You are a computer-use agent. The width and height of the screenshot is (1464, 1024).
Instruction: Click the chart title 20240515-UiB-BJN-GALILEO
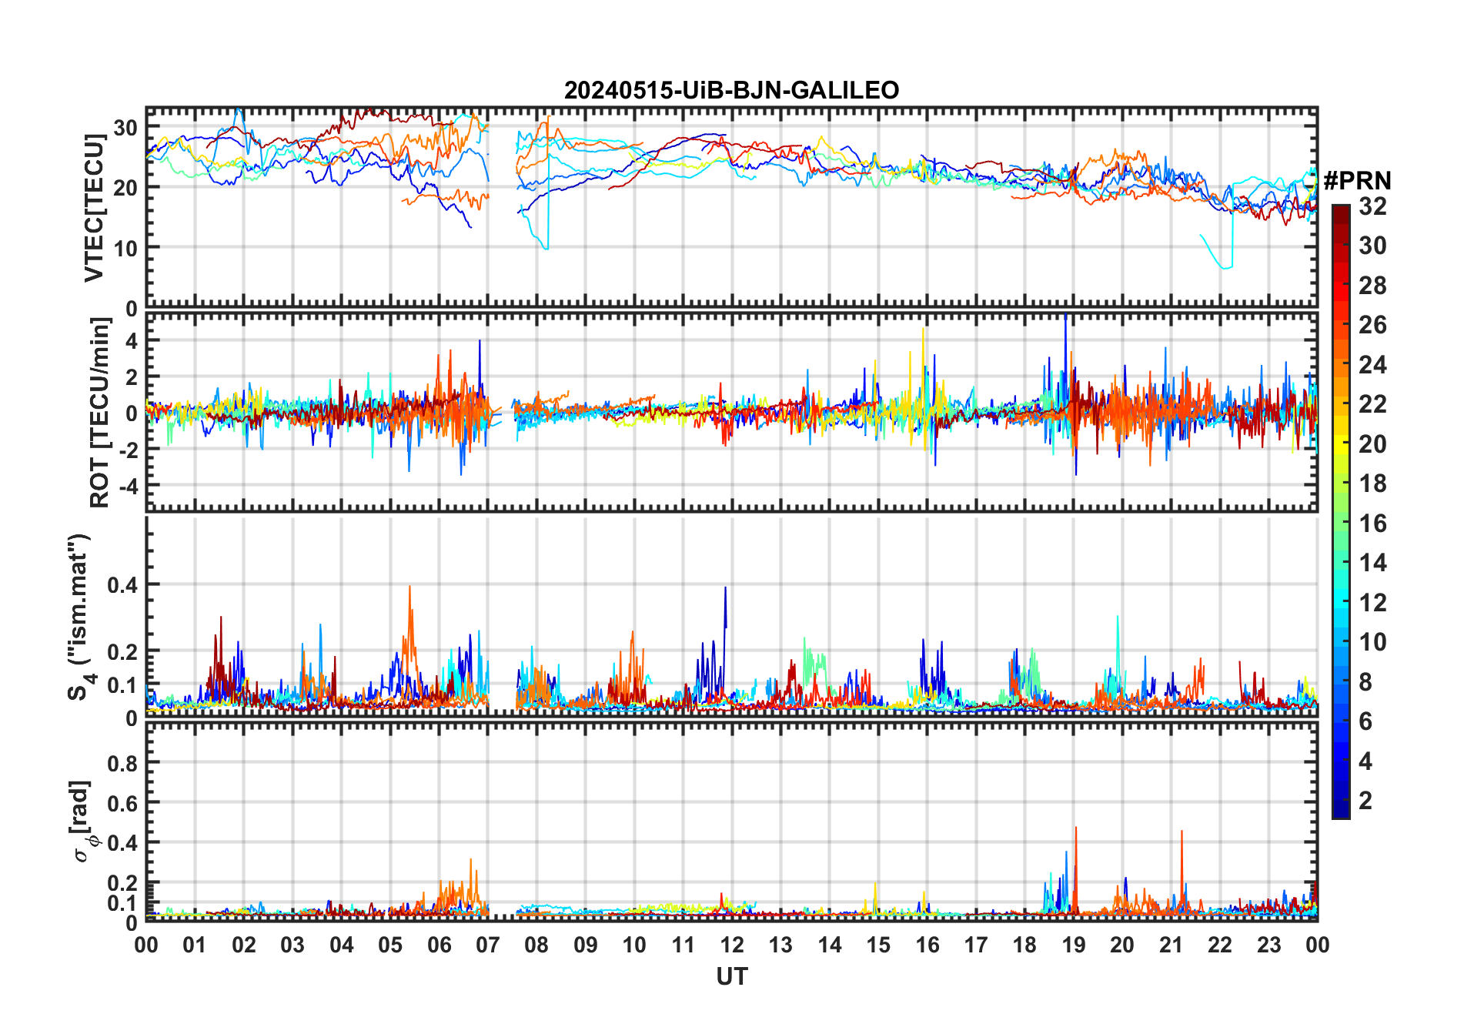tap(731, 91)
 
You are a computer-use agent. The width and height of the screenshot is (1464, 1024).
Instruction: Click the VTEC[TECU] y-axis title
tap(95, 208)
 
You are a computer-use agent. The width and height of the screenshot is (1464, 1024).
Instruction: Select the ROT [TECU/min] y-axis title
tap(99, 413)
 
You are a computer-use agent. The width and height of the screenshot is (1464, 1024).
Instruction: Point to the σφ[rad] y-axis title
tap(83, 822)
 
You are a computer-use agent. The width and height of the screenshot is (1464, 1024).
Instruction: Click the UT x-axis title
tap(731, 976)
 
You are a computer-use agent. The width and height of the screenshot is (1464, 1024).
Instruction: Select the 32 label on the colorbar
tap(1372, 206)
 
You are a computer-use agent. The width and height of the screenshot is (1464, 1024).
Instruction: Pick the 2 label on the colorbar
tap(1365, 801)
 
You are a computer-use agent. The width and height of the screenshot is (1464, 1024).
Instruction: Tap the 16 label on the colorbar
tap(1372, 524)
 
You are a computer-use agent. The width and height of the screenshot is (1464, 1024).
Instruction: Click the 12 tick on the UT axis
tap(732, 945)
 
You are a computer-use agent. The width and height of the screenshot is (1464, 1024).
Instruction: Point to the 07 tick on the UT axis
tap(488, 945)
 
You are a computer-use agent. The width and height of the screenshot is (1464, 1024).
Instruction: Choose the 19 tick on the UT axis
tap(1074, 945)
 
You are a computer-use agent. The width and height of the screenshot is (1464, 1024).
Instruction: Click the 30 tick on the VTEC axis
tap(125, 127)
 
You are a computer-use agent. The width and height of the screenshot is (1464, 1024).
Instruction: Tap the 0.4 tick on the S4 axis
tap(122, 585)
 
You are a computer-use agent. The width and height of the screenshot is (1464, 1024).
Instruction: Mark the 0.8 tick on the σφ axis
tap(122, 763)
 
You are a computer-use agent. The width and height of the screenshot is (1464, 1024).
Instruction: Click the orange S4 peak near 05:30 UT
tap(409, 588)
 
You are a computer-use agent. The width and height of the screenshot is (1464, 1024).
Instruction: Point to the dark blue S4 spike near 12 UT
tap(725, 589)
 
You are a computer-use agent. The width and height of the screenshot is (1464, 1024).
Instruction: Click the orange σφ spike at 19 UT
tap(1075, 829)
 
